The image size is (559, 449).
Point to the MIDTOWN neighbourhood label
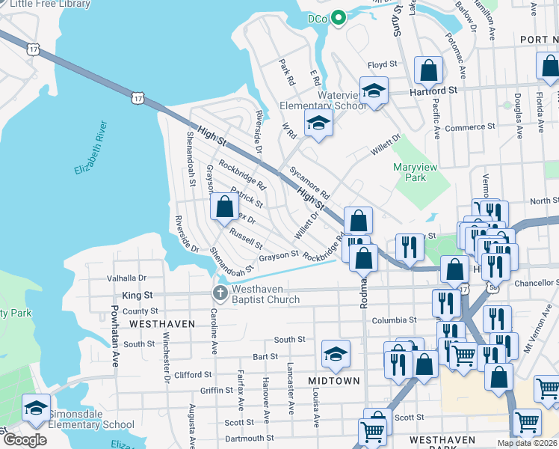tap(334, 381)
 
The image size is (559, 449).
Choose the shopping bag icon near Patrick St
tap(224, 207)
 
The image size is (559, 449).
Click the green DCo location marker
tap(338, 17)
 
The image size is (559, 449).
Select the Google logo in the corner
tap(25, 440)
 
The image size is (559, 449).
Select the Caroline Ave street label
tap(214, 331)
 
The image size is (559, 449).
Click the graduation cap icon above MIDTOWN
tap(336, 354)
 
